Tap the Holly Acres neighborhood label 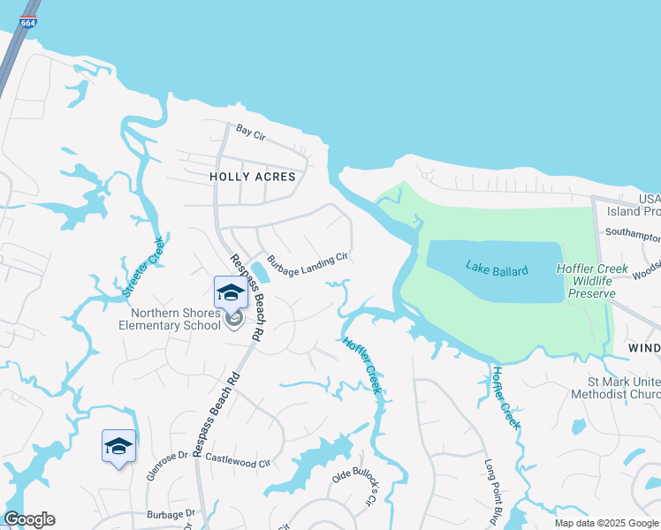point(252,177)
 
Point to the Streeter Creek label point(142,264)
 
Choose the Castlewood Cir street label point(237,460)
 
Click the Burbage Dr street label point(171,513)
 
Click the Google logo point(29,519)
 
